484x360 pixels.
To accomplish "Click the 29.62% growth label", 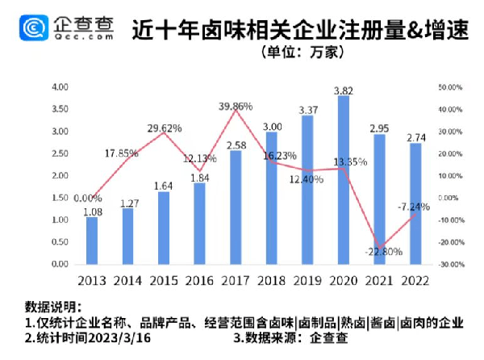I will coord(165,128).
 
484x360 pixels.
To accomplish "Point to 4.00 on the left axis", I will coord(60,86).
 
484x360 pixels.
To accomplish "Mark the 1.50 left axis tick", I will coord(60,198).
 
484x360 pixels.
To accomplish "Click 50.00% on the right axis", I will coord(449,86).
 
